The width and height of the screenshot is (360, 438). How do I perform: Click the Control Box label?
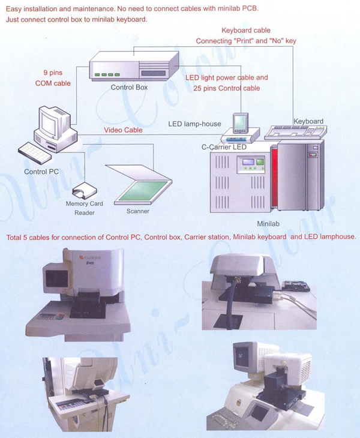(x=129, y=88)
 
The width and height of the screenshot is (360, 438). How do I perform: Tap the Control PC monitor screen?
(x=49, y=123)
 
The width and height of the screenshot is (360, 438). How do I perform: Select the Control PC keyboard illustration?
(x=35, y=153)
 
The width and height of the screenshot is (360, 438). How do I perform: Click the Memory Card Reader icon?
(x=85, y=191)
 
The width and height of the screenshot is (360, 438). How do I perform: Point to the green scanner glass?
(x=143, y=191)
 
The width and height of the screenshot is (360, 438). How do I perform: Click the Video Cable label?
(x=123, y=130)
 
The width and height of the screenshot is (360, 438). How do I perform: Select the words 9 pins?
(x=53, y=73)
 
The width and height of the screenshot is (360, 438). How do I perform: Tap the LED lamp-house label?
(x=194, y=124)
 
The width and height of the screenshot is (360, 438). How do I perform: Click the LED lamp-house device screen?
(x=240, y=122)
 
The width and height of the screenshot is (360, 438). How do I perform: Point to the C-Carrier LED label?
(x=224, y=147)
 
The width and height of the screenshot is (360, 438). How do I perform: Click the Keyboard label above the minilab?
(x=308, y=122)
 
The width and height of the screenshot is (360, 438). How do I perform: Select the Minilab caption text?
(x=268, y=224)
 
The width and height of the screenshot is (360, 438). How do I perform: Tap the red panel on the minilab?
(x=274, y=176)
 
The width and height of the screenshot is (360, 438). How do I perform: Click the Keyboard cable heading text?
(x=246, y=31)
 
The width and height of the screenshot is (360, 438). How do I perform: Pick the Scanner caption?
(x=137, y=211)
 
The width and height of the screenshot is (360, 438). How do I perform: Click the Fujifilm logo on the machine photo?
(x=90, y=257)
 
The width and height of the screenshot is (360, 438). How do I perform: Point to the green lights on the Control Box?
(x=107, y=75)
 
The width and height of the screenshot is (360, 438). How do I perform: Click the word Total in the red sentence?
(x=14, y=238)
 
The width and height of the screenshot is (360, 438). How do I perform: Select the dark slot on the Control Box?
(x=154, y=73)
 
